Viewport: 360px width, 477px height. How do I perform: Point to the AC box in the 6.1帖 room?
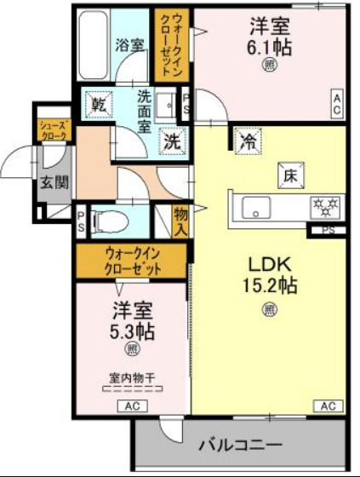(336, 104)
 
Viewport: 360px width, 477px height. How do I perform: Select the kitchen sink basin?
(255, 206)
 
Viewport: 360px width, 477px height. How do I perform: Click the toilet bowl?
(109, 220)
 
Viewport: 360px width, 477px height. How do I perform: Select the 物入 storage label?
(180, 220)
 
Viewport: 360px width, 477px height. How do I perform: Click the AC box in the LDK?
(328, 405)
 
